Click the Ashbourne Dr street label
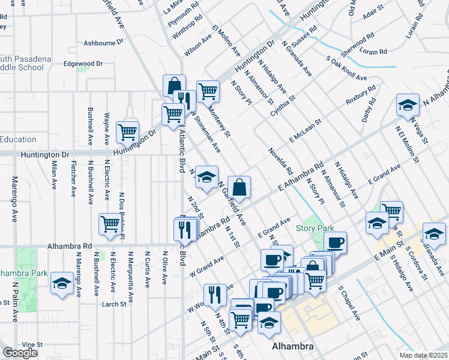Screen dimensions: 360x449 [103, 43]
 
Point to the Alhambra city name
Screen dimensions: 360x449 [293, 347]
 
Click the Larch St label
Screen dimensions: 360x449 [114, 304]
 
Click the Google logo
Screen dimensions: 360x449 [20, 353]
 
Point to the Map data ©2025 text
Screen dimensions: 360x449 [424, 355]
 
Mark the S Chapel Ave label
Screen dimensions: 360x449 [348, 305]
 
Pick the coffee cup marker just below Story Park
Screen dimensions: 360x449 [336, 242]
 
